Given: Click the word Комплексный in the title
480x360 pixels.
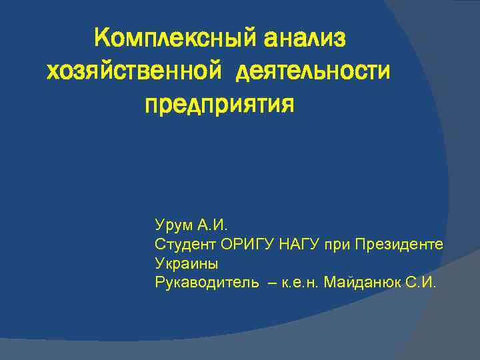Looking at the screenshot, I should [x=176, y=38].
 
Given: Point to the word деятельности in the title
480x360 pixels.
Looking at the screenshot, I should [x=312, y=71].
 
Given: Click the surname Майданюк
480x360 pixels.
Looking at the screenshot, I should [x=362, y=282].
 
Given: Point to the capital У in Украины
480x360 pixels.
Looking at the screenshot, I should [x=159, y=262].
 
